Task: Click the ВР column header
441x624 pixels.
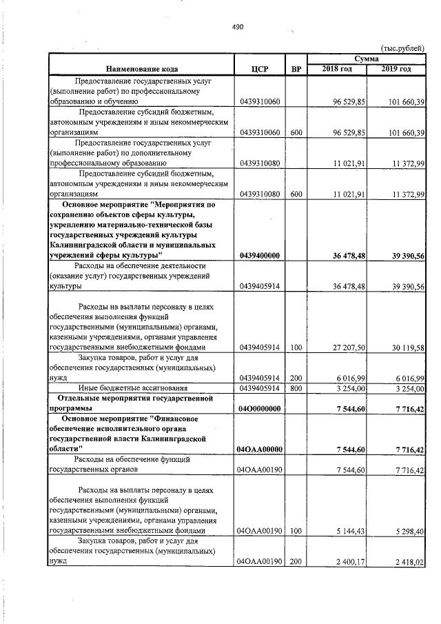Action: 296,69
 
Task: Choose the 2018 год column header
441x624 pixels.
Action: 338,69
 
